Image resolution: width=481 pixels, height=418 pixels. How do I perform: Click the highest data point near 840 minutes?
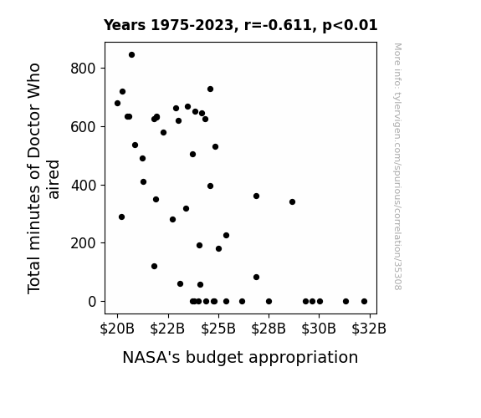pyautogui.click(x=131, y=55)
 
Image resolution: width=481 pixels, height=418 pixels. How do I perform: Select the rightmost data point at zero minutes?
pyautogui.click(x=364, y=302)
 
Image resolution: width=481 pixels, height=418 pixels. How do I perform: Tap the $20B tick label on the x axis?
pyautogui.click(x=117, y=329)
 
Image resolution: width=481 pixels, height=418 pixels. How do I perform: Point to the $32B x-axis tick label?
pyautogui.click(x=369, y=329)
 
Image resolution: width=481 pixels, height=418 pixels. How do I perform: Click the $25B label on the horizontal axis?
pyautogui.click(x=218, y=329)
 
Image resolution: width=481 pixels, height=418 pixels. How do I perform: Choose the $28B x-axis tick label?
pyautogui.click(x=269, y=329)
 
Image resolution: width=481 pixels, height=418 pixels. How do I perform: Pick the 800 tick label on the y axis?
pyautogui.click(x=83, y=68)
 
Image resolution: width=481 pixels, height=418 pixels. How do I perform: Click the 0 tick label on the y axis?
pyautogui.click(x=92, y=302)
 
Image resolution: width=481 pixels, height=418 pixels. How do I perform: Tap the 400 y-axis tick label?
pyautogui.click(x=84, y=186)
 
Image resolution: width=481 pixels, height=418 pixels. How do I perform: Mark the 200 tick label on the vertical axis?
pyautogui.click(x=83, y=243)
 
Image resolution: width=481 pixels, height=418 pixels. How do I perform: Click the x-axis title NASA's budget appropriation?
pyautogui.click(x=240, y=358)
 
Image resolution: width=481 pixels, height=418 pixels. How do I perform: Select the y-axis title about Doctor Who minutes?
pyautogui.click(x=43, y=178)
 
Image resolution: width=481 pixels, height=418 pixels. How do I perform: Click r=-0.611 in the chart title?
pyautogui.click(x=278, y=25)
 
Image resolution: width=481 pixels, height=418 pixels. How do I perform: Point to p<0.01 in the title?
pyautogui.click(x=350, y=25)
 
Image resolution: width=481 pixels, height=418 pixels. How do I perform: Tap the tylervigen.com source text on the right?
pyautogui.click(x=397, y=166)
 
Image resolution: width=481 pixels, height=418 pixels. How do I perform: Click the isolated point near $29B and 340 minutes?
pyautogui.click(x=292, y=201)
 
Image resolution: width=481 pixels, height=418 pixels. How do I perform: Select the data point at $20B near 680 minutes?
pyautogui.click(x=117, y=104)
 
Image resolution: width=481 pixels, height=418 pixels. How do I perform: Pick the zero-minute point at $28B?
pyautogui.click(x=269, y=302)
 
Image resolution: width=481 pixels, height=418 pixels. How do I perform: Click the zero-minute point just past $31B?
pyautogui.click(x=345, y=302)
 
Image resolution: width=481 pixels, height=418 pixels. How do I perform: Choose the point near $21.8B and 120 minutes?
pyautogui.click(x=154, y=266)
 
